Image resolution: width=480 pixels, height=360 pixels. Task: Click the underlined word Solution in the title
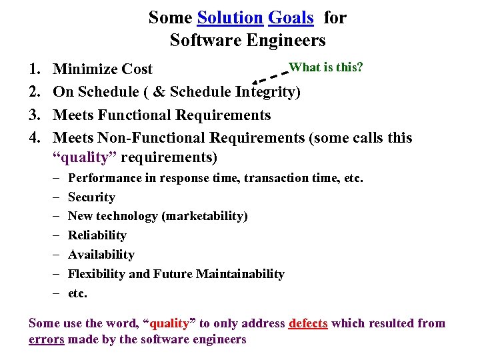tap(230, 18)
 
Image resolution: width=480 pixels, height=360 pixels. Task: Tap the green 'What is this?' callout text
tap(325, 67)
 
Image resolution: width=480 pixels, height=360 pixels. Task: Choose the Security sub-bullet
tap(91, 197)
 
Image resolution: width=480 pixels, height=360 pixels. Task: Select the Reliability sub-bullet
tap(97, 235)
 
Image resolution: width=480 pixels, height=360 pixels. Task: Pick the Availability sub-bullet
tap(101, 255)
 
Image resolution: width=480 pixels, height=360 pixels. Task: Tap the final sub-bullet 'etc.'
tap(77, 293)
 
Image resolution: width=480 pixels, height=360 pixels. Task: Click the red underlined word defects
tap(308, 323)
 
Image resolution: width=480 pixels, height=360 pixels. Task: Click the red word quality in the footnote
tap(169, 323)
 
